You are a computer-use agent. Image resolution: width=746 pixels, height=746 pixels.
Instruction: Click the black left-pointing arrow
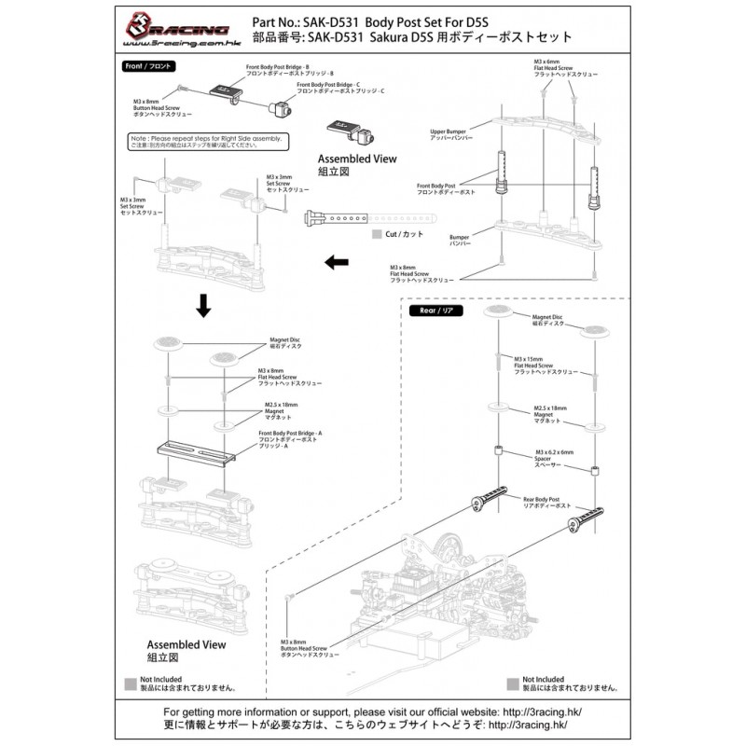click(332, 264)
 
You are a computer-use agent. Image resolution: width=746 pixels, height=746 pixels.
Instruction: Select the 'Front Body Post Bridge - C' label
click(335, 89)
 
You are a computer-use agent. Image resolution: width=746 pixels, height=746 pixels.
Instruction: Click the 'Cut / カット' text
click(404, 234)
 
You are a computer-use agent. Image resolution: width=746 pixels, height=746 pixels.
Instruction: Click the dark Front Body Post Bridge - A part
click(198, 452)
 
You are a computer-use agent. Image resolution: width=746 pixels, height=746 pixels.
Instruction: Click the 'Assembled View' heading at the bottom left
click(186, 643)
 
